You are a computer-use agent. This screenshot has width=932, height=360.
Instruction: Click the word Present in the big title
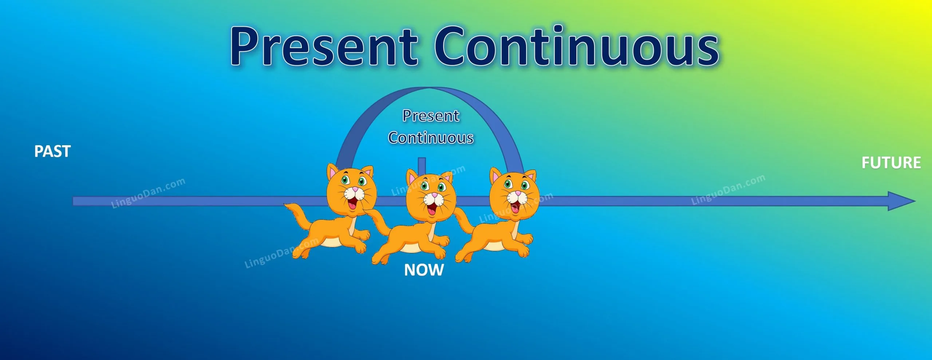coord(324,47)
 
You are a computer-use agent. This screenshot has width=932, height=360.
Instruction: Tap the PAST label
coord(52,151)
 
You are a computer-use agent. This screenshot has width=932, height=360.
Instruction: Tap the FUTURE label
coord(891,163)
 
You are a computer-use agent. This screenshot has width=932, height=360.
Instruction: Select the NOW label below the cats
coord(424,270)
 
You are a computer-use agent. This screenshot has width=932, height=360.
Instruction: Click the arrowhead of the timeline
coord(901,201)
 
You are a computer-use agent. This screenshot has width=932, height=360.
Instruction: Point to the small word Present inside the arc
coord(431,116)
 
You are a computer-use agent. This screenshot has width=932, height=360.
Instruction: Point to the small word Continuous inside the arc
coord(431,138)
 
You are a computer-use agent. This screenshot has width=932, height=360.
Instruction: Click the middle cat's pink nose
coord(434,195)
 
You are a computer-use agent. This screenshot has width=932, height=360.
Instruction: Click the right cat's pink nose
coord(518,193)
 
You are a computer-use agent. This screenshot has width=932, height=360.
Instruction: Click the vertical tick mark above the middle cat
coord(422,166)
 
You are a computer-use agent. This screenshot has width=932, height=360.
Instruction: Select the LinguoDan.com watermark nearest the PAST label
coord(148,193)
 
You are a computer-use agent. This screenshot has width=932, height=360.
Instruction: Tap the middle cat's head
coord(431,195)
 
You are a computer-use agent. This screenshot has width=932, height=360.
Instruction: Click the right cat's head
coord(514,193)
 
